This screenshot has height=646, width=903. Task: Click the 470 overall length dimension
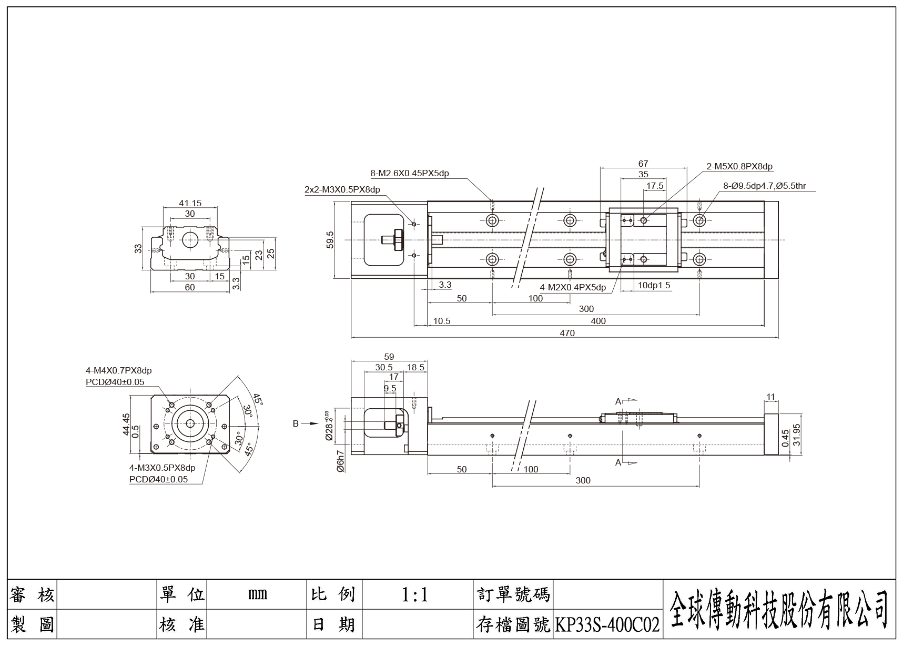567,333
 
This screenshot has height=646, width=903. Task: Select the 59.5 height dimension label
330,240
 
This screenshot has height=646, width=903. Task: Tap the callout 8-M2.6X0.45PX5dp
409,173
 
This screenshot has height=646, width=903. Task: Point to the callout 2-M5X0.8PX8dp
739,167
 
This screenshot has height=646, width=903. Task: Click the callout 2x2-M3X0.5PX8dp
342,189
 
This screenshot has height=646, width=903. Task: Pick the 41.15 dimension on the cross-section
190,203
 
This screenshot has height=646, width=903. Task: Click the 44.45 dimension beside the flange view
126,424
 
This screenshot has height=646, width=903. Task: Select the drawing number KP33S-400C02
607,625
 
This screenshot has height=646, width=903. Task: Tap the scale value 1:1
415,595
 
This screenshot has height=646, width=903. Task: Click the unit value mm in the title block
257,594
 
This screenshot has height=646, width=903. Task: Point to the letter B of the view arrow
296,423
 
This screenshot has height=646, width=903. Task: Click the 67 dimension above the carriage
643,164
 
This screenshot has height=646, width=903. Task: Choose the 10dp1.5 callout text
654,285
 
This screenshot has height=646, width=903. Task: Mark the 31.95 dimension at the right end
796,435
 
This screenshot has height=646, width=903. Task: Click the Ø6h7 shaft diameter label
341,461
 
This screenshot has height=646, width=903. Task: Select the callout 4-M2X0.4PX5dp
573,287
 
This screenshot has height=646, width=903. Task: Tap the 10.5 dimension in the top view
442,321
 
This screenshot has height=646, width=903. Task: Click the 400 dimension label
598,321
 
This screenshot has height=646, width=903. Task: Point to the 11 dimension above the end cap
771,397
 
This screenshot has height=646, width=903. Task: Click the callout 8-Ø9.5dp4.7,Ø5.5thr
764,186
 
